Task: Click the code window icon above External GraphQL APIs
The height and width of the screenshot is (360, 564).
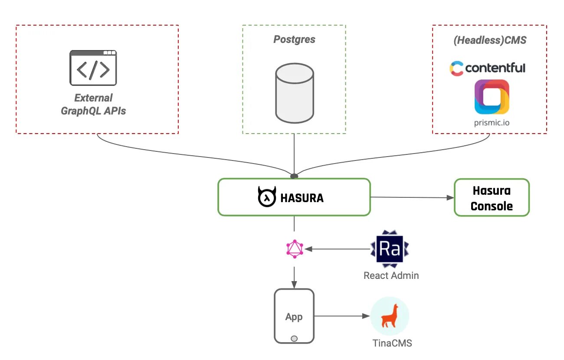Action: point(93,68)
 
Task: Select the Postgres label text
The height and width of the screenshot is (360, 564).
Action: point(294,39)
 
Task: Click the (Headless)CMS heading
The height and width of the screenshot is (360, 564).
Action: point(489,40)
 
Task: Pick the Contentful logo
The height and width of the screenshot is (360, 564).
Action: point(487,68)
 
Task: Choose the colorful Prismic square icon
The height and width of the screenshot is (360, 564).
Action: point(492,97)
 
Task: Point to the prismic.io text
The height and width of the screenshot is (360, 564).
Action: point(492,123)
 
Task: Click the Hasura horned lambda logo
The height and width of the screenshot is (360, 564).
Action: point(267,197)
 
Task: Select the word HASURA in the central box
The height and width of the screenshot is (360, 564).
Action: point(302,198)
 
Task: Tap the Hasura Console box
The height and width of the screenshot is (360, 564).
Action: point(492,197)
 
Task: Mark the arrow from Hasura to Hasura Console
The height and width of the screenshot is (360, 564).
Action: point(412,197)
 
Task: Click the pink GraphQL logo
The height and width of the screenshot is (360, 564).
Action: point(295,249)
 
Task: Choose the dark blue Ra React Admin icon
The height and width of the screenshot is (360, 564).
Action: point(389,249)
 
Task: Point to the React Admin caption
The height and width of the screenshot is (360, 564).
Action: point(391,275)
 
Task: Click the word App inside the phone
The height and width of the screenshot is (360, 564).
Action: point(294,317)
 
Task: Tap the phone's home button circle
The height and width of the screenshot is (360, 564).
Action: point(294,338)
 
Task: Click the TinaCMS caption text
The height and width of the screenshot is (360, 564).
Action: point(392,343)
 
